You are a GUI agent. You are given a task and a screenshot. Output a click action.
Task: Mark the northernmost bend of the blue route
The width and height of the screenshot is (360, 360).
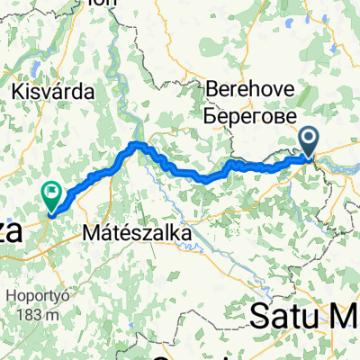pyautogui.click(x=137, y=144)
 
